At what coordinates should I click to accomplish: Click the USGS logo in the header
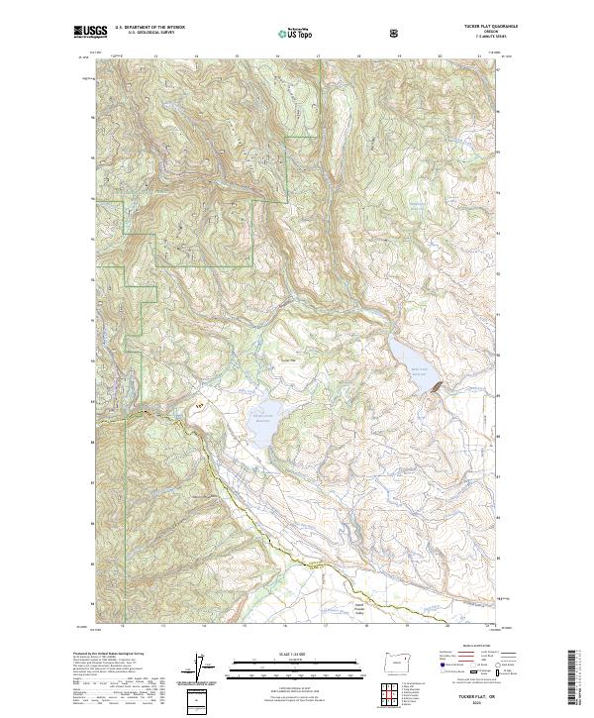coord(90,32)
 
